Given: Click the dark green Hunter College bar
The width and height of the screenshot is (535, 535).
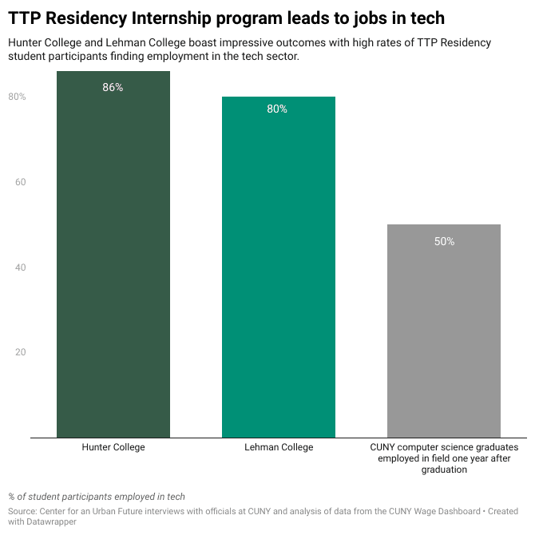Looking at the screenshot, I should tap(113, 256).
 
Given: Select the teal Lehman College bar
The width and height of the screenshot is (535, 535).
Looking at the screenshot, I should tap(278, 271).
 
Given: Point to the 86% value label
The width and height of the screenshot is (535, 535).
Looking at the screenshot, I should tap(113, 88).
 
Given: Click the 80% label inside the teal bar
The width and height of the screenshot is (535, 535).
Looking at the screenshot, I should tap(277, 109).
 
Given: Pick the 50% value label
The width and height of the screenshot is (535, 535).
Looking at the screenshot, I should tap(444, 241).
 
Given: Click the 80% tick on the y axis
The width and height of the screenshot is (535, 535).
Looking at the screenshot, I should tap(18, 97).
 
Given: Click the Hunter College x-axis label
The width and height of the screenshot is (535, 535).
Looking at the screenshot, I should tap(113, 448).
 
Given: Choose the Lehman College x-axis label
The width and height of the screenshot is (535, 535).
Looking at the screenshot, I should tap(279, 448).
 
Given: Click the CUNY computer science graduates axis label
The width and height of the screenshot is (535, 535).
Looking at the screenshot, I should tap(444, 458).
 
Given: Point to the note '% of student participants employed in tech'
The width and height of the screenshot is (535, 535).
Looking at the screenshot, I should tap(97, 497).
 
